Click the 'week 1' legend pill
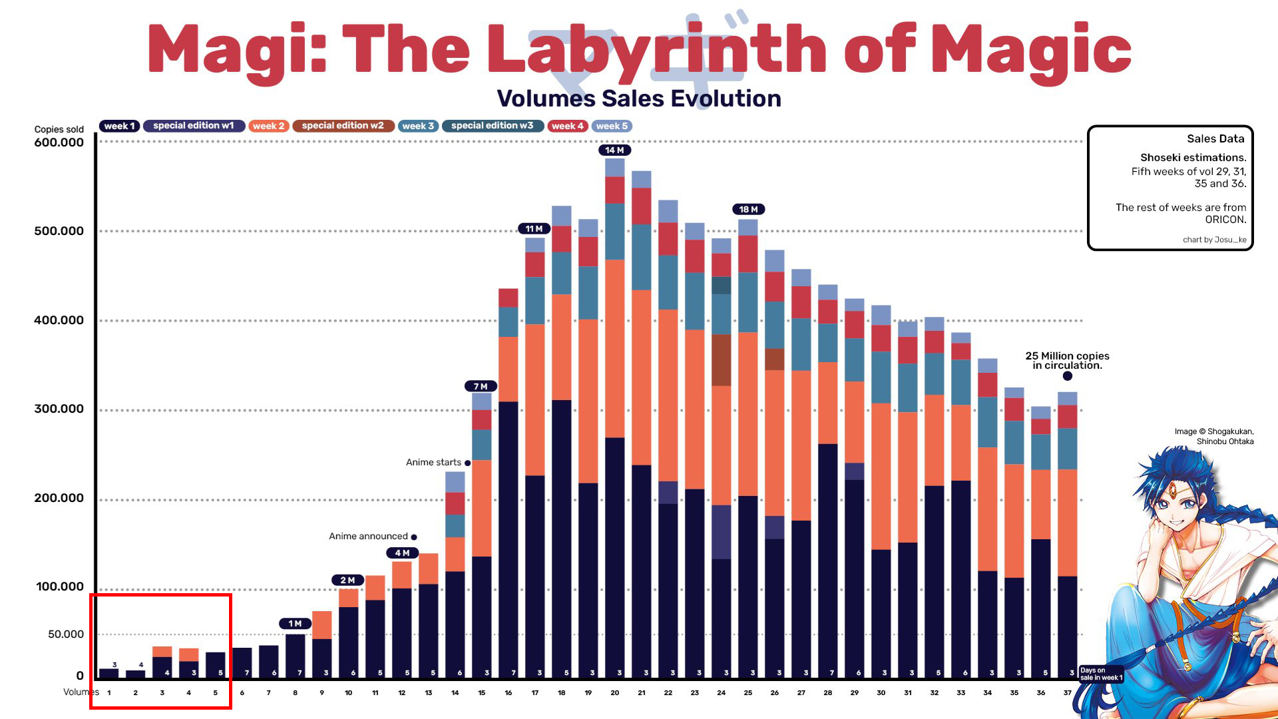[119, 126]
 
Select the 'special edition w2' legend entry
[343, 126]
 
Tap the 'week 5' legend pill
[611, 126]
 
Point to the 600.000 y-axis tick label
[59, 142]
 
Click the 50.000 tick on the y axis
[65, 634]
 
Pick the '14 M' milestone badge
[614, 150]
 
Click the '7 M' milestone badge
[481, 386]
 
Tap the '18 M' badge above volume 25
[748, 210]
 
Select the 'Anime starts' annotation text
[433, 462]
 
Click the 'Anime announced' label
[368, 536]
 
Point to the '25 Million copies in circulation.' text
[1067, 360]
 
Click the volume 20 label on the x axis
[614, 693]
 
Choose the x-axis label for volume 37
[1067, 693]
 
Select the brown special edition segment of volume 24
[721, 359]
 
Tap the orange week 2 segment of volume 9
[321, 624]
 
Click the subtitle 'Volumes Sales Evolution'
[638, 99]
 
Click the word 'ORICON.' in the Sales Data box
[1225, 220]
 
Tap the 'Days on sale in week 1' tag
[1100, 674]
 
